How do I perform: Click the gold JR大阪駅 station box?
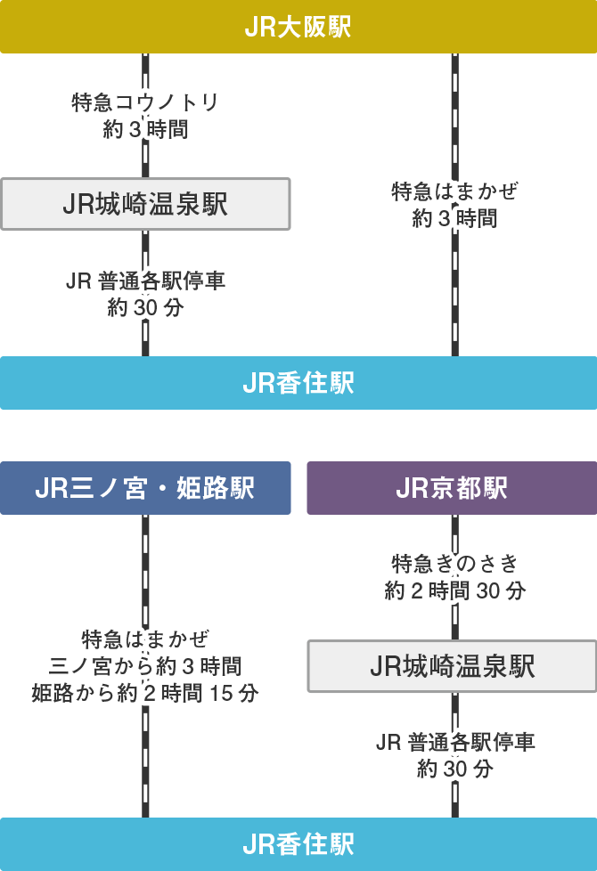click(x=298, y=27)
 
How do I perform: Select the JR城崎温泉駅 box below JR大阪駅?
click(x=145, y=204)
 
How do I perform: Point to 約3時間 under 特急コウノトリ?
click(x=145, y=129)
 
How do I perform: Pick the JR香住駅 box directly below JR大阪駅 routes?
click(x=298, y=383)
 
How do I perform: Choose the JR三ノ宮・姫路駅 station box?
click(x=145, y=488)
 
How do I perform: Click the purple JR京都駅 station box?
click(x=452, y=488)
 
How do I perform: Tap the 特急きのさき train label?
click(x=454, y=564)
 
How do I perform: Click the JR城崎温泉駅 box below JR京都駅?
click(x=452, y=665)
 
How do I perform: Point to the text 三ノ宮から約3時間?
click(x=145, y=666)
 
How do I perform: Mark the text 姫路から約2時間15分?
click(x=145, y=693)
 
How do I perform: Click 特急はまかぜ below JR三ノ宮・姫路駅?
click(x=145, y=639)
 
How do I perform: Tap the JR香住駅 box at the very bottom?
click(x=298, y=844)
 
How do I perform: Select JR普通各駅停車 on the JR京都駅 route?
click(x=454, y=742)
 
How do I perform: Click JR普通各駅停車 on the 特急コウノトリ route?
click(x=145, y=281)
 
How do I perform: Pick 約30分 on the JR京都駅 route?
click(x=454, y=769)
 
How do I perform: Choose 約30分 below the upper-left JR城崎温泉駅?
click(x=145, y=308)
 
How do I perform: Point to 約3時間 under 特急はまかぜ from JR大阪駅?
click(x=454, y=218)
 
